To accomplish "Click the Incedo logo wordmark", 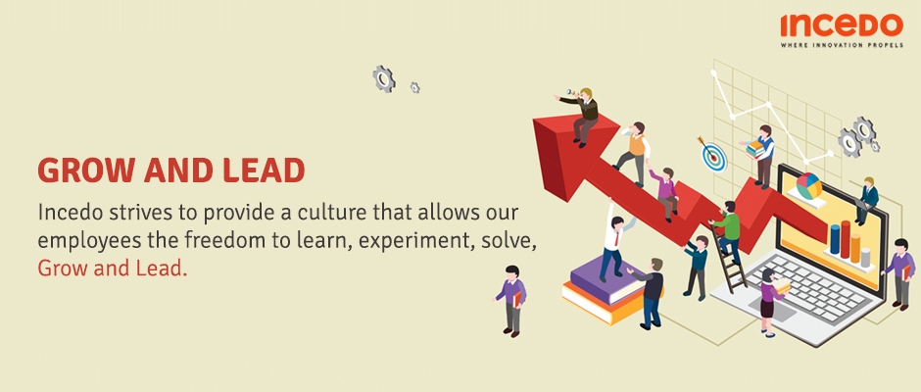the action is click(841, 25).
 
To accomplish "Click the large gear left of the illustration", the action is click(383, 78).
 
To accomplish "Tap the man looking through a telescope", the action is click(581, 116).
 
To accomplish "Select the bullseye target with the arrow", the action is click(712, 154).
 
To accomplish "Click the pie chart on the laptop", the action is click(808, 185).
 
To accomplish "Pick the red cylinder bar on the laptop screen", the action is click(846, 239).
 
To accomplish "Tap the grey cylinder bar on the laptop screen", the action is click(865, 257).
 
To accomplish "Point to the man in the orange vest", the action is click(633, 154).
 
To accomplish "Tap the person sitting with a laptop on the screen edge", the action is click(867, 201).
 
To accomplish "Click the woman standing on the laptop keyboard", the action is click(771, 302).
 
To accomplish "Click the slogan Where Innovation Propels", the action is click(841, 45).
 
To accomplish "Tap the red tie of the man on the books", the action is click(615, 238).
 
